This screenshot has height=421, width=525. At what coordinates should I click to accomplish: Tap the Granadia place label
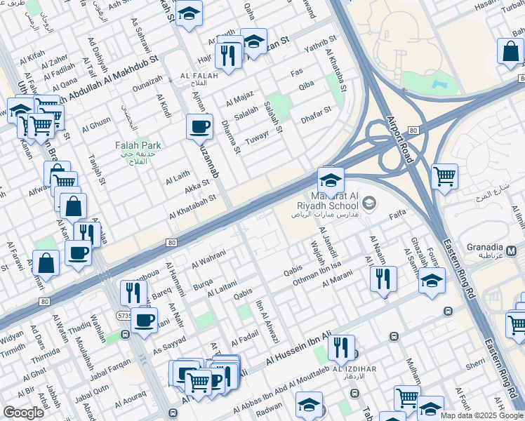pos(483,248)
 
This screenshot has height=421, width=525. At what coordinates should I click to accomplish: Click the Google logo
pos(23,413)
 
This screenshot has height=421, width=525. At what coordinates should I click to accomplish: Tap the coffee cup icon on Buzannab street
pos(199,128)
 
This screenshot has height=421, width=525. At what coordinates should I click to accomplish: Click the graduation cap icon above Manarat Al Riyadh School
pos(331,179)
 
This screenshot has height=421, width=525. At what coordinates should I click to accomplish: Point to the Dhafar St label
pos(316,110)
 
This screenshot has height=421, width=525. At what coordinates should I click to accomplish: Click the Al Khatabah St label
pos(192,208)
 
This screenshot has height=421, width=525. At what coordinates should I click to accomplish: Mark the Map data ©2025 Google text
pos(481,415)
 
